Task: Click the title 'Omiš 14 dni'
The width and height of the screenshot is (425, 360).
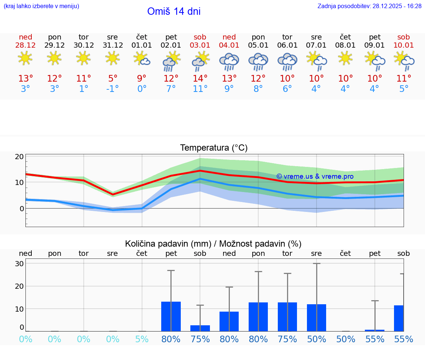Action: point(174,11)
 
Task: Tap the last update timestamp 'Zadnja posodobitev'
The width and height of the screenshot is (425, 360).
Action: point(369,6)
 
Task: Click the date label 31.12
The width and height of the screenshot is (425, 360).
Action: point(113,45)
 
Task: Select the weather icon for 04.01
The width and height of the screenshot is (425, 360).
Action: point(229,62)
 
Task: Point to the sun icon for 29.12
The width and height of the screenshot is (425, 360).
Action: point(54,58)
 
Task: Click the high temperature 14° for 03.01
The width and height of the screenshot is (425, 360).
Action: point(200,79)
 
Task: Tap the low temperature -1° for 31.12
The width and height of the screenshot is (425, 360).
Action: point(113,89)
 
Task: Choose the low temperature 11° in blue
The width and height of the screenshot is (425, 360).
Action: point(200,89)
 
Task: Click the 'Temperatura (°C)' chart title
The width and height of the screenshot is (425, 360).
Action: point(214,148)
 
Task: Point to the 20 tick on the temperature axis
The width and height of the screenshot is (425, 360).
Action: point(19,157)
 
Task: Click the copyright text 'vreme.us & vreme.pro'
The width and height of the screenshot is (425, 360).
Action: point(315,176)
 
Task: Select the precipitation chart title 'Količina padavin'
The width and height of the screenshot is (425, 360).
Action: point(213,244)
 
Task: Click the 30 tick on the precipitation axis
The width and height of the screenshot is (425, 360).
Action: point(19,264)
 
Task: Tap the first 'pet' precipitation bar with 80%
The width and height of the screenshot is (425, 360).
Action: point(171,316)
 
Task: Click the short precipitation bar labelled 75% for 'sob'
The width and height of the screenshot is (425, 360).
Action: point(200,328)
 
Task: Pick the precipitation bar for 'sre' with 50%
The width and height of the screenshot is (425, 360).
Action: point(317,318)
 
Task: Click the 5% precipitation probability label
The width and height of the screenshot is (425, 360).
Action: point(142,339)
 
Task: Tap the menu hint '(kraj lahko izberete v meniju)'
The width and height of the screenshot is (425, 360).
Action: point(41,6)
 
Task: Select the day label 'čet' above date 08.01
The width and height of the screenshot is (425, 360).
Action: point(345,37)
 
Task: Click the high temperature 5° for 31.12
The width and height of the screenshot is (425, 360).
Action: point(113,79)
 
